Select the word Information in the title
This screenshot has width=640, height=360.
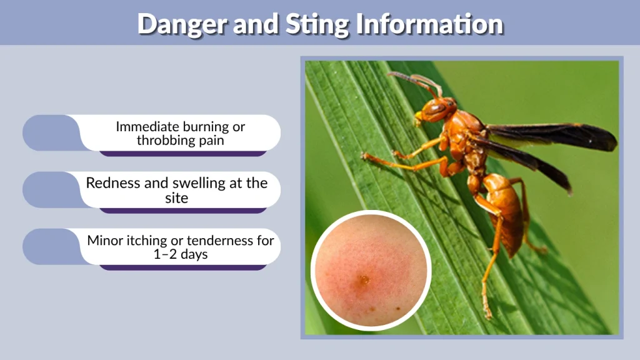tap(430, 24)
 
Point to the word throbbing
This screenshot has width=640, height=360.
tap(165, 140)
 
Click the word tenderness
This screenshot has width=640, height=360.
tap(214, 240)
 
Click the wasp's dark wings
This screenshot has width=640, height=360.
tap(550, 137)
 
